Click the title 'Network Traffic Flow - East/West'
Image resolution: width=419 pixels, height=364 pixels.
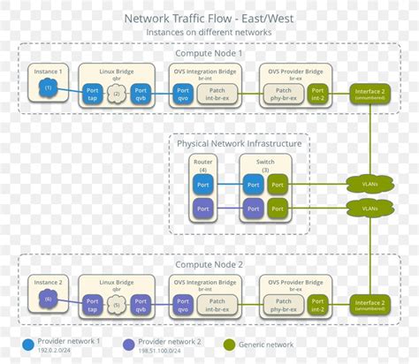click(x=209, y=17)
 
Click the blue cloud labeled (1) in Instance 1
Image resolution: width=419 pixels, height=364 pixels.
click(x=49, y=88)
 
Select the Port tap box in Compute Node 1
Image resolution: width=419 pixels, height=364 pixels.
click(x=91, y=93)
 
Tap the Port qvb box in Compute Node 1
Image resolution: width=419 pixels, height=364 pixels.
click(x=140, y=93)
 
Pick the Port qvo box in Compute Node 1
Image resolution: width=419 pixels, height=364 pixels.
click(x=183, y=93)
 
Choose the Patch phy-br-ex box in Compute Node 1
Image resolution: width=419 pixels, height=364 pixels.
click(x=285, y=93)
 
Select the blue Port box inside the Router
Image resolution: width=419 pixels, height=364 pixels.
click(x=203, y=184)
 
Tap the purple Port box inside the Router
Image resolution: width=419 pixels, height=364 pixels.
click(x=203, y=209)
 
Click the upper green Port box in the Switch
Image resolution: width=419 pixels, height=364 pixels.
click(x=278, y=184)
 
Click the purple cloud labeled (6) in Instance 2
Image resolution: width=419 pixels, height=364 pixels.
click(x=49, y=300)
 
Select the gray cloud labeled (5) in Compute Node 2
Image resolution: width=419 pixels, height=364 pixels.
click(x=115, y=305)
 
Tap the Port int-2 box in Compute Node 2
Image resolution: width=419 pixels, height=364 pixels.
click(x=319, y=305)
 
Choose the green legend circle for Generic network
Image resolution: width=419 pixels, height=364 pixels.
click(x=231, y=345)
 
